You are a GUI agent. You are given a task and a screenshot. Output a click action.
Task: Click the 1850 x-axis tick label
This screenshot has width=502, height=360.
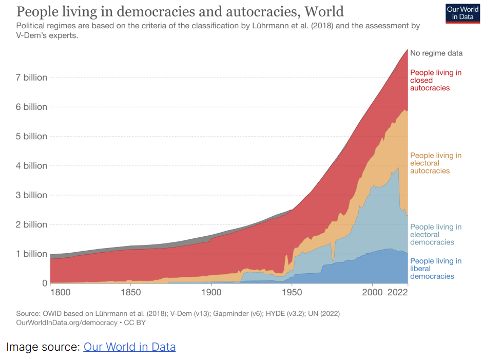tap(131, 292)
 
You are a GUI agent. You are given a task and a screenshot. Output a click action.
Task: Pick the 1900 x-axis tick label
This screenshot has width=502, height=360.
tap(211, 292)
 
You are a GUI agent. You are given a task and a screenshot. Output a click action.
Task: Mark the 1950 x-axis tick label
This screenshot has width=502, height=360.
tap(292, 292)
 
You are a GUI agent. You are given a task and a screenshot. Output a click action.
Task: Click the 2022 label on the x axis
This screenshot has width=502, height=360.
tap(397, 292)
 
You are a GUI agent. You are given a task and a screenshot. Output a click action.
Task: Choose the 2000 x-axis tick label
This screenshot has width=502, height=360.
tap(372, 292)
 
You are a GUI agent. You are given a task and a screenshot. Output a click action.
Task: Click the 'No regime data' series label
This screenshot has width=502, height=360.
tap(436, 53)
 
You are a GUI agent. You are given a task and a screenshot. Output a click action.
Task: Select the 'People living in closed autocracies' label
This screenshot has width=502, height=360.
tap(435, 80)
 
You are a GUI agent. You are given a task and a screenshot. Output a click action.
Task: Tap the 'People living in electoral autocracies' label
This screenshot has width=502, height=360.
tap(435, 163)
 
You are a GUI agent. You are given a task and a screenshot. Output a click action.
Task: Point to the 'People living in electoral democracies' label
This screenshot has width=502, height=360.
tap(435, 234)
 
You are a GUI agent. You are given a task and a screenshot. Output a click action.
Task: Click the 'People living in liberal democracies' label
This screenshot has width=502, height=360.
tap(435, 269)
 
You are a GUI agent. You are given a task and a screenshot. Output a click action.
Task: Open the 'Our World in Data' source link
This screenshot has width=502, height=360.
tap(129, 347)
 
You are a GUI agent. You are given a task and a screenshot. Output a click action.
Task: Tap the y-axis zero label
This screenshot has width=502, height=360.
tap(44, 283)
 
